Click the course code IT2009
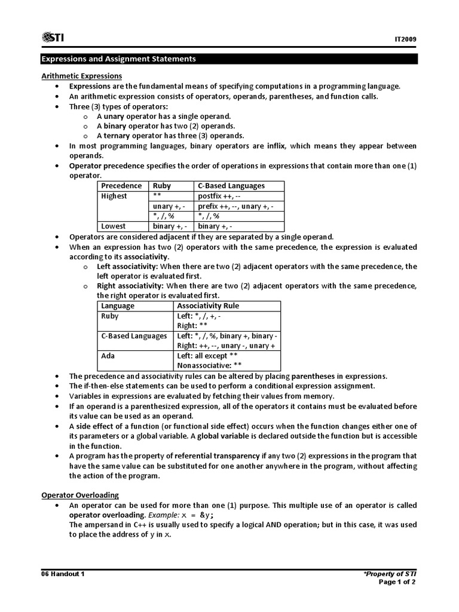pos(405,39)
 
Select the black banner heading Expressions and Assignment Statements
pos(118,59)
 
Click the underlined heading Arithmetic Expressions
pos(81,76)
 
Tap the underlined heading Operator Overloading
pos(79,495)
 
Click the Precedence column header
pos(121,186)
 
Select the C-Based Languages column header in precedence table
pos(231,186)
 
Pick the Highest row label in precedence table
pos(114,196)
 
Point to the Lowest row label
pos(114,227)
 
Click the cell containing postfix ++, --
pos(221,196)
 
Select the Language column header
pos(118,305)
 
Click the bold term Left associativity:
pos(127,267)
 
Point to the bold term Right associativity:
pos(130,286)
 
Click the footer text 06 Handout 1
pos(63,574)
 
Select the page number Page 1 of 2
pos(397,583)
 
